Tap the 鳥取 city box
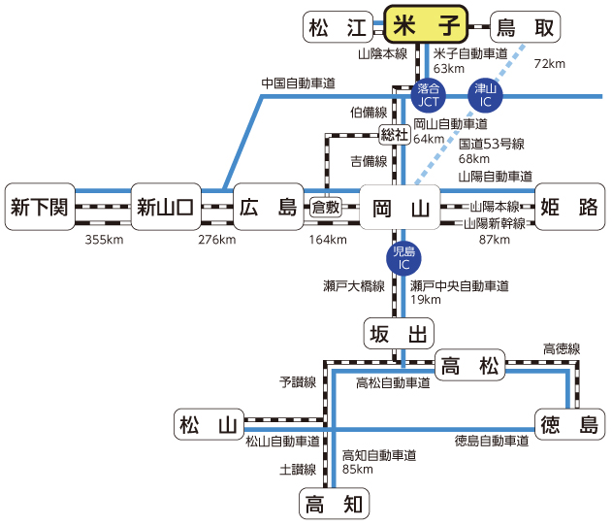526,28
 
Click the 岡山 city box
399,207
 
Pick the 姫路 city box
568,207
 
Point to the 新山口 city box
166,207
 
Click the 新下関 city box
40,207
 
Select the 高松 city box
469,366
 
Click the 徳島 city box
569,424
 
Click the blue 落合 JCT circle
428,94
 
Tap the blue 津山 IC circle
484,94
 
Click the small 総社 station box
394,132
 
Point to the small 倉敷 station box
326,207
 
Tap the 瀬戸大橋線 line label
354,286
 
